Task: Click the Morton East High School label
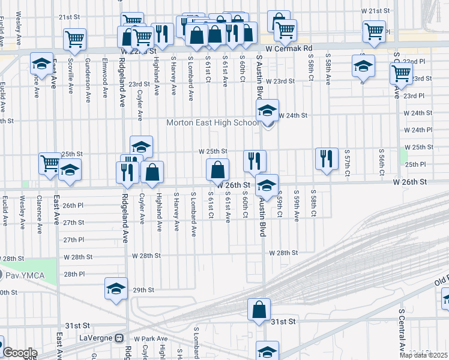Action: pos(213,123)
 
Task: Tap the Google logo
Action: pos(20,353)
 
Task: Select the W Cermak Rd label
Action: pos(291,47)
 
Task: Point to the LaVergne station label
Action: pos(96,338)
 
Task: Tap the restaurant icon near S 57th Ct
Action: pos(326,158)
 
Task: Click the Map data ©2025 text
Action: pos(423,355)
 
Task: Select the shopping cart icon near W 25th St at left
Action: pos(50,163)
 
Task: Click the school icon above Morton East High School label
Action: pos(268,110)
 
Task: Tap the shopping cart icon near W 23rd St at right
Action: pos(400,74)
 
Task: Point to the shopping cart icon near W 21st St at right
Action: pos(374,31)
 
